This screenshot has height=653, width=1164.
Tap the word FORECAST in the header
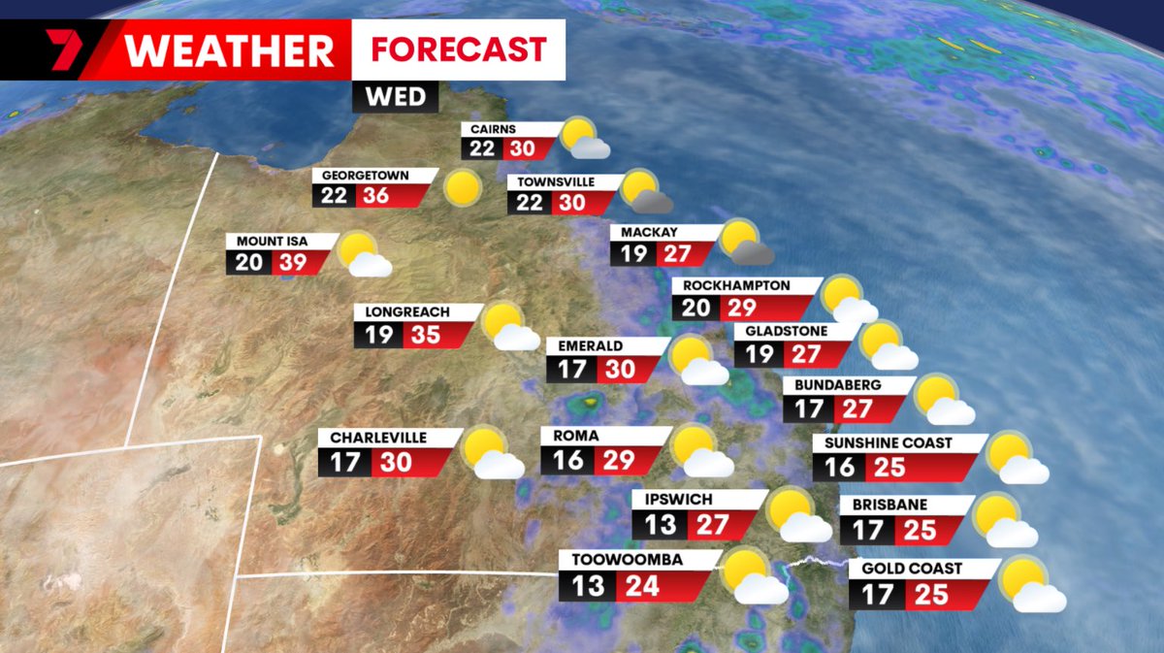coord(459,49)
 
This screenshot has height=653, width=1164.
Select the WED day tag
coord(395,97)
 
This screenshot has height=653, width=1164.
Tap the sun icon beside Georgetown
coord(463,186)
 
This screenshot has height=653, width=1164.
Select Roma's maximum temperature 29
coord(617,459)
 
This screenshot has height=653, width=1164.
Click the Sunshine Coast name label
coord(888,442)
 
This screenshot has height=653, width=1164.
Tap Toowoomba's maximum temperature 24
coord(642,586)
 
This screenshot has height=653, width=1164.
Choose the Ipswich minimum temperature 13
coord(659,525)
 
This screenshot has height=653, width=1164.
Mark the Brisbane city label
coord(889,505)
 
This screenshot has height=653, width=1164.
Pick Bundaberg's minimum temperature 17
coord(809,408)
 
